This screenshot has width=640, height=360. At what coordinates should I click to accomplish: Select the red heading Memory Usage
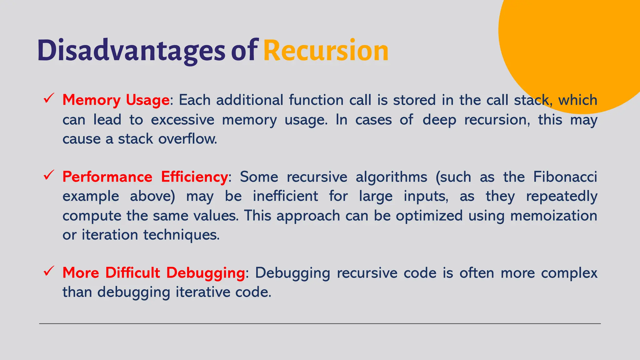tap(116, 100)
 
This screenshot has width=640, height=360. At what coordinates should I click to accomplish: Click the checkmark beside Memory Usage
tap(49, 98)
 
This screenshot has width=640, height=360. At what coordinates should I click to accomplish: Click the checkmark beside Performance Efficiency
tap(49, 175)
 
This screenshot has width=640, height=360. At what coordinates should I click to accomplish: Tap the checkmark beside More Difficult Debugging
tap(49, 271)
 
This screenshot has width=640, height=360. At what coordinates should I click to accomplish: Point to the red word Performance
tap(107, 177)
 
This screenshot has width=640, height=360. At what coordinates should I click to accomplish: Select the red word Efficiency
tap(194, 177)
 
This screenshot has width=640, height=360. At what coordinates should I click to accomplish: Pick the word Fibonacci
tap(565, 177)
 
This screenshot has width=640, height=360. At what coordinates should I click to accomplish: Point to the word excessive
tap(182, 120)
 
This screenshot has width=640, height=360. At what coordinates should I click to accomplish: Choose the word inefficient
tap(285, 196)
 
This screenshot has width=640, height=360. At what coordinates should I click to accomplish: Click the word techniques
tap(181, 235)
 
